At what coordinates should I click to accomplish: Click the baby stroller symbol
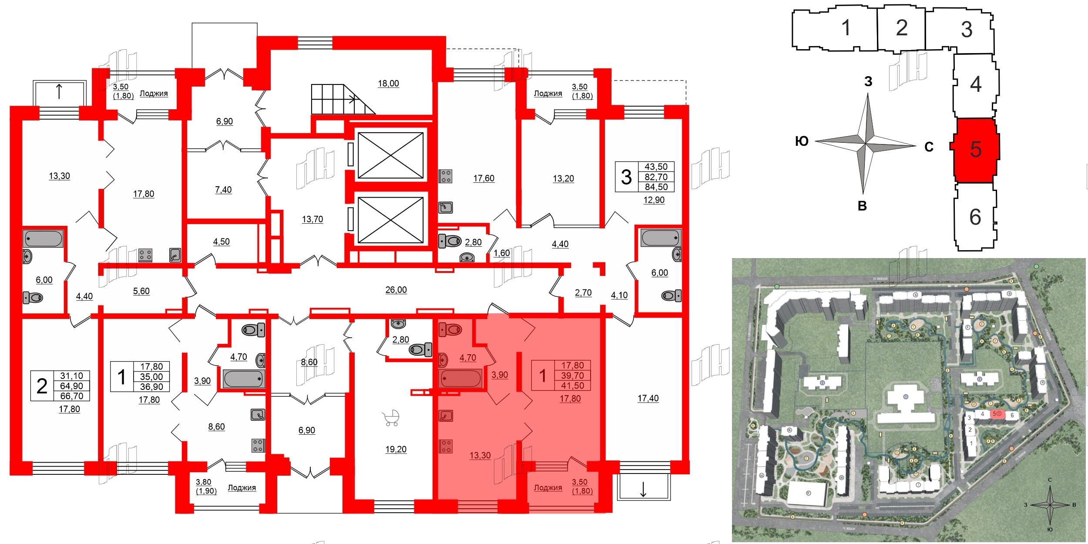pyautogui.click(x=391, y=418)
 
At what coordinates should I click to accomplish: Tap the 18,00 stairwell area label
pyautogui.click(x=388, y=84)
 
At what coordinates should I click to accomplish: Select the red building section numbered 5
pyautogui.click(x=975, y=150)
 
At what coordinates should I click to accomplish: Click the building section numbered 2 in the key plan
pyautogui.click(x=901, y=29)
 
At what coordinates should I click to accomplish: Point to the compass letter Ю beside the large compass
pyautogui.click(x=802, y=141)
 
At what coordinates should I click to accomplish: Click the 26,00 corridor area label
pyautogui.click(x=396, y=290)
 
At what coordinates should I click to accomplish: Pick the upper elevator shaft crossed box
pyautogui.click(x=390, y=155)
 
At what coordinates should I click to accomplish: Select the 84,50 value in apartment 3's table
pyautogui.click(x=656, y=187)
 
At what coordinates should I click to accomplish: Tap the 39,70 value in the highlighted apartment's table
pyautogui.click(x=572, y=376)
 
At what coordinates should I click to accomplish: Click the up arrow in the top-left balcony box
pyautogui.click(x=59, y=92)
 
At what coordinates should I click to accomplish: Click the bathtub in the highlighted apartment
pyautogui.click(x=460, y=378)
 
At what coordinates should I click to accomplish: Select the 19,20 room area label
pyautogui.click(x=396, y=449)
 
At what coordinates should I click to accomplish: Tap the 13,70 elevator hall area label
pyautogui.click(x=312, y=219)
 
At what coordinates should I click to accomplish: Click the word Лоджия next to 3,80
pyautogui.click(x=242, y=488)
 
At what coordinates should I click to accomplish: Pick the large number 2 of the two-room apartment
pyautogui.click(x=42, y=386)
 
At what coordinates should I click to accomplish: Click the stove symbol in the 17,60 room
pyautogui.click(x=446, y=176)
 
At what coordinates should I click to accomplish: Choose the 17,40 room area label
pyautogui.click(x=648, y=398)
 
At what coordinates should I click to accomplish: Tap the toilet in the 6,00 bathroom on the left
pyautogui.click(x=33, y=298)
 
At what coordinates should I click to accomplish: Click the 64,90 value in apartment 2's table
pyautogui.click(x=72, y=386)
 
